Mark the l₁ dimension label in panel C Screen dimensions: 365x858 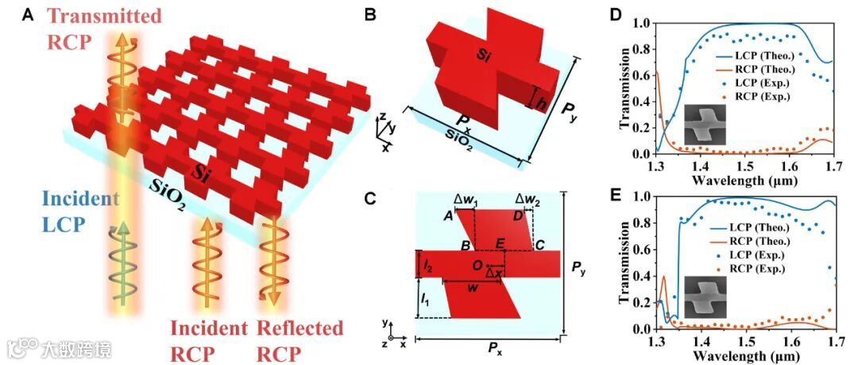pyautogui.click(x=426, y=301)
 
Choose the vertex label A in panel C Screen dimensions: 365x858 pyautogui.click(x=448, y=216)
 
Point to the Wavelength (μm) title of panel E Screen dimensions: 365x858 pyautogui.click(x=746, y=356)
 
